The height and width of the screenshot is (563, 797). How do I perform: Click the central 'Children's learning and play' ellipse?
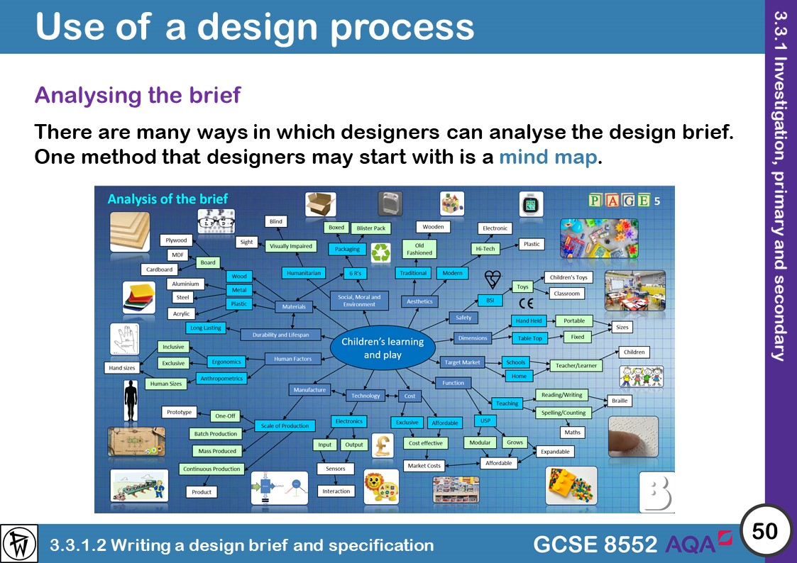point(382,347)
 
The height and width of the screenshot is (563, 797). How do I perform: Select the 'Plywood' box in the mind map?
point(175,240)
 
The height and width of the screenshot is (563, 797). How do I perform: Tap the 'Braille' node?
point(620,400)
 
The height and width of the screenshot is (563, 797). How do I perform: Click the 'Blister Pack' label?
point(370,228)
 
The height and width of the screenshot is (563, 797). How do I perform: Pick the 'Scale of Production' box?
point(285,425)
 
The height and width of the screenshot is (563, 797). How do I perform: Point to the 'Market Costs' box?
point(424,466)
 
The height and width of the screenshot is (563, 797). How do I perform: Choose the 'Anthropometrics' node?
point(221,379)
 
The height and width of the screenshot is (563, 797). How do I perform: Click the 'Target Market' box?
point(462,362)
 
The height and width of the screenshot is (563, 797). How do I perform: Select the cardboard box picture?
point(320,204)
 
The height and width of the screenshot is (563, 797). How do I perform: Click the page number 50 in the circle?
point(764,531)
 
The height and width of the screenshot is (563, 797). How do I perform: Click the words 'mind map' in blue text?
point(548,157)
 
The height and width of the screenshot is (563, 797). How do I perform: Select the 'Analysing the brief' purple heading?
point(138,95)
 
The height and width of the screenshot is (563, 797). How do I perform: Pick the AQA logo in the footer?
point(698,543)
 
